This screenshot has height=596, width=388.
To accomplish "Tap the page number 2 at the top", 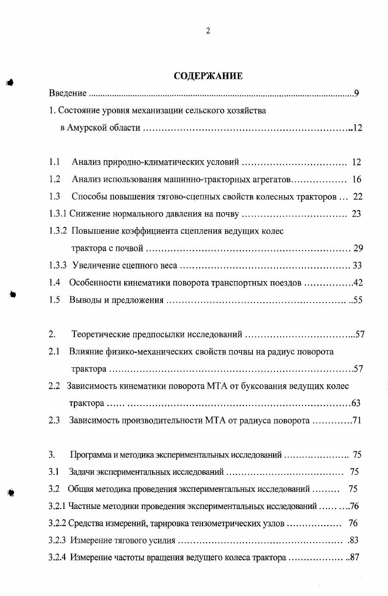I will tap(208, 31).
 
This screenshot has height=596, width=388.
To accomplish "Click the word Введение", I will tap(68, 93).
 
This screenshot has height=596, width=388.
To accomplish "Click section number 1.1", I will tap(54, 162).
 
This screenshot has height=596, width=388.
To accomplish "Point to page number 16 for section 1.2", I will tap(356, 179).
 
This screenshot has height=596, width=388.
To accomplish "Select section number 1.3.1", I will tap(58, 214).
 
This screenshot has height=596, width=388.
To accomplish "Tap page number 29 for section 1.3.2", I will tap(358, 248).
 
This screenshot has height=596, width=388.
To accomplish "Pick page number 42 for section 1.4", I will tap(357, 283).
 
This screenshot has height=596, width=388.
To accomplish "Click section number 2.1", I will tap(54, 352).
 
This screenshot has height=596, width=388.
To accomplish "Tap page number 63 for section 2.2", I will tap(356, 403).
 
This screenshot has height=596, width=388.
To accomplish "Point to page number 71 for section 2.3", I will tap(356, 420).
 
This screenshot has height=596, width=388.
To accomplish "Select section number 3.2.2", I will tap(58, 523).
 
